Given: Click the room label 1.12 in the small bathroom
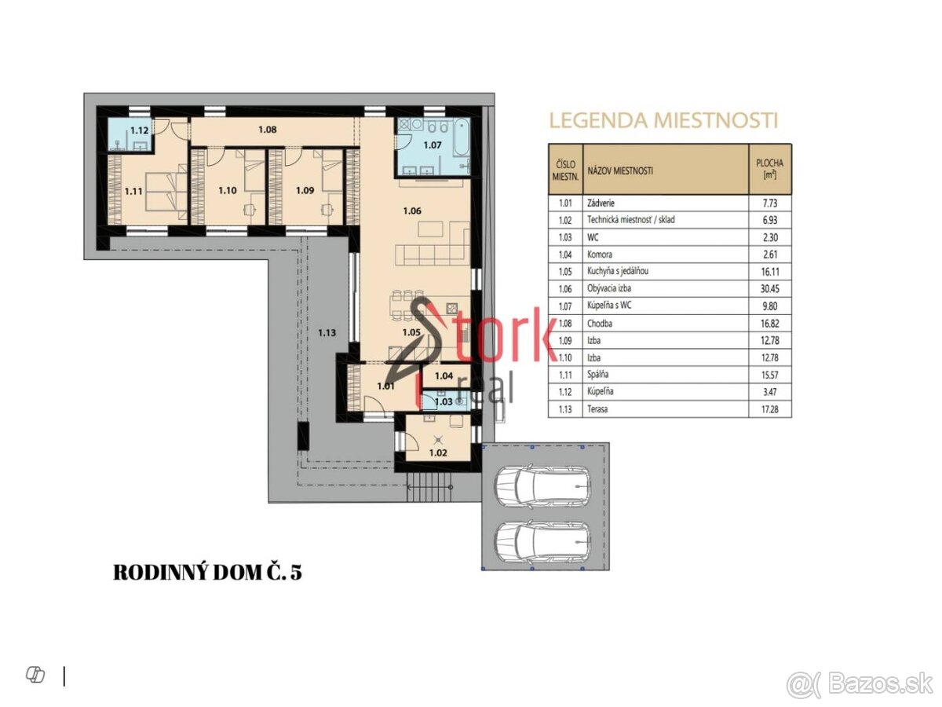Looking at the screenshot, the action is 140,130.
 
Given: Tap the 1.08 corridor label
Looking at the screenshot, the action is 268,129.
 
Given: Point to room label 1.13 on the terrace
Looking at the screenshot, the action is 327,332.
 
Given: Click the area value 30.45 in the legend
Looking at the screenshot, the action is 770,289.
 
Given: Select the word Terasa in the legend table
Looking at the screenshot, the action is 597,409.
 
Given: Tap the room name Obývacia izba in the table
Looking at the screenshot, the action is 609,288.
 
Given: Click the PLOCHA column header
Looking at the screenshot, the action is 770,163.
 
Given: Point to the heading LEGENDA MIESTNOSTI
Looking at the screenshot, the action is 663,121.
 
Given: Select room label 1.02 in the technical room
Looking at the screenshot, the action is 438,453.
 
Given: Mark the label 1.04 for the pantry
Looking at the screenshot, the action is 444,376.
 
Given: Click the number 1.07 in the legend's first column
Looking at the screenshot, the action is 565,306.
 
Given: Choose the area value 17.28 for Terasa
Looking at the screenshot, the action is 770,409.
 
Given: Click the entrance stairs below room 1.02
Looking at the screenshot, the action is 429,487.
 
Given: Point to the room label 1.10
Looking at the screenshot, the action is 228,191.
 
